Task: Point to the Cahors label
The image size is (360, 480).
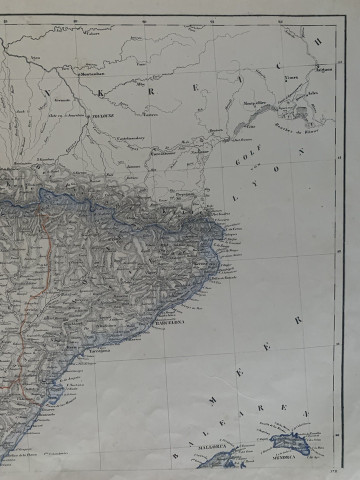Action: pos(93,34)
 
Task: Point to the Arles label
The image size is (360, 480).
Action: pos(313,93)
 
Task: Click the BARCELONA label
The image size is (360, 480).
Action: pos(169,322)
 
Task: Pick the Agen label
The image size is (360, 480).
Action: pos(35,58)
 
